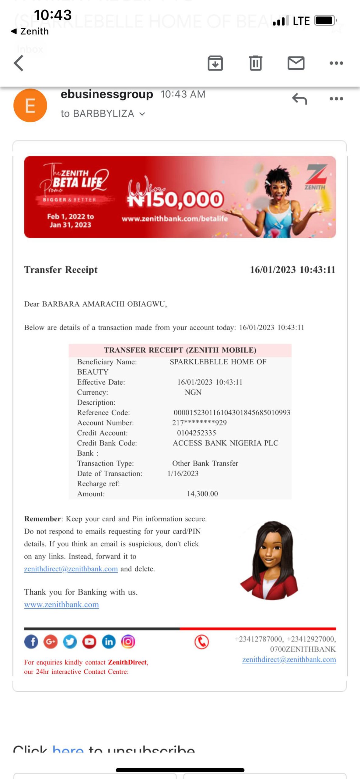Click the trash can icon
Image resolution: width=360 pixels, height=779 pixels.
pyautogui.click(x=255, y=63)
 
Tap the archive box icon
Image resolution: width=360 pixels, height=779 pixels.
pyautogui.click(x=215, y=63)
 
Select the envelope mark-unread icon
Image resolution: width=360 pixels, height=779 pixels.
pyautogui.click(x=296, y=63)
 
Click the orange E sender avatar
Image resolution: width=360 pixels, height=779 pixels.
pyautogui.click(x=30, y=106)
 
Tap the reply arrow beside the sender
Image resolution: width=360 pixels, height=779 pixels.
pyautogui.click(x=299, y=99)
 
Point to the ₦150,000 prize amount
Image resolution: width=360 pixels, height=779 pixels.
pyautogui.click(x=176, y=199)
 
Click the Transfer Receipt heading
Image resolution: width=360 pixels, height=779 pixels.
pyautogui.click(x=61, y=270)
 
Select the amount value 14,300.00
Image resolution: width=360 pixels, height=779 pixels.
pyautogui.click(x=202, y=494)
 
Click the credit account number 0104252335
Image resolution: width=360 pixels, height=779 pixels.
pyautogui.click(x=197, y=433)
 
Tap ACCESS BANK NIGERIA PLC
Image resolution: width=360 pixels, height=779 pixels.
pyautogui.click(x=225, y=443)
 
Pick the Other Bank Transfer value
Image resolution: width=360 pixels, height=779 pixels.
pyautogui.click(x=205, y=463)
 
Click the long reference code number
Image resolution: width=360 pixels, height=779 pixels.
pyautogui.click(x=232, y=413)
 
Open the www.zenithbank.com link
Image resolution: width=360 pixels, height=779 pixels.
pyautogui.click(x=61, y=605)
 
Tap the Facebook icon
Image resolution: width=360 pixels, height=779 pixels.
pyautogui.click(x=31, y=642)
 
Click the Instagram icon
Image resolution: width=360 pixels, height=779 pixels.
pyautogui.click(x=128, y=642)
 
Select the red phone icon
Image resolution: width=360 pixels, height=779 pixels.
pyautogui.click(x=201, y=642)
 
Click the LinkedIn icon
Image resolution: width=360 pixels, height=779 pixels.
pyautogui.click(x=109, y=642)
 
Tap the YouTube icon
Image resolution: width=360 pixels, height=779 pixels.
pyautogui.click(x=89, y=642)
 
